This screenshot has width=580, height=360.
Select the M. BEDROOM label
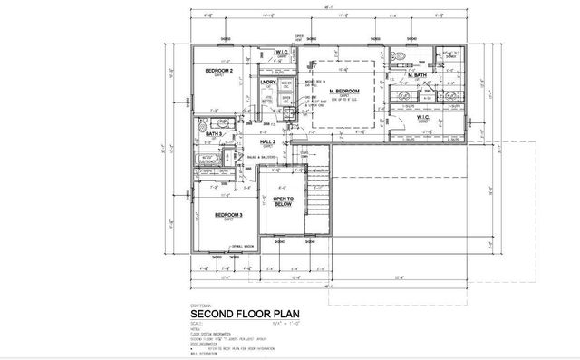pyautogui.click(x=345, y=92)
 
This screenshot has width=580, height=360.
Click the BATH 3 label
pyautogui.click(x=214, y=134)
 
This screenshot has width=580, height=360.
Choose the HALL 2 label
pyautogui.click(x=268, y=141)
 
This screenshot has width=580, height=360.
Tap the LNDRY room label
pyautogui.click(x=267, y=83)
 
